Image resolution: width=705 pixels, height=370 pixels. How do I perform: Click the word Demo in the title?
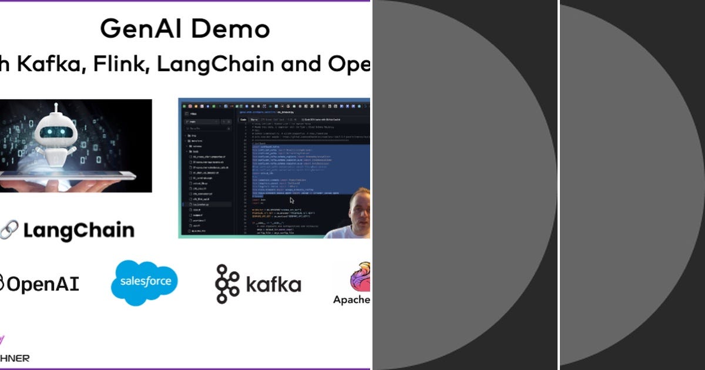coord(233,28)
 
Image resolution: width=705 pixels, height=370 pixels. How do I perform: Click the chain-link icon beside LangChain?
coord(9,230)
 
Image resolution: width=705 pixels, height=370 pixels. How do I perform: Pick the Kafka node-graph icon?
coord(227,284)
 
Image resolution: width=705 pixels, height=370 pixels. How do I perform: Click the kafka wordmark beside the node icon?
coord(273,285)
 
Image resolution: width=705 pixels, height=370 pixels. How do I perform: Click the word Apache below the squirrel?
coord(351,300)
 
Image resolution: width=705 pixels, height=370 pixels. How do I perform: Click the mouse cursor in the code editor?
coord(292,200)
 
